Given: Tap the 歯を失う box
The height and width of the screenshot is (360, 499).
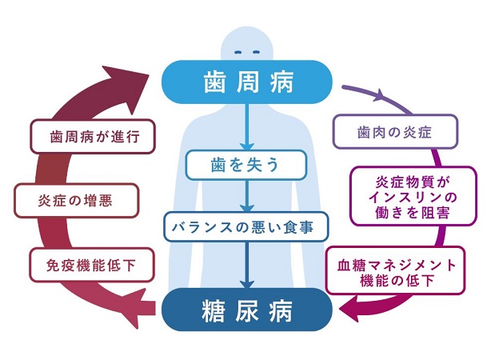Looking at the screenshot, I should tap(249, 166).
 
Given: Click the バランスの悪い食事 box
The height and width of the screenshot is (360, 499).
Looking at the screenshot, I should tap(249, 226).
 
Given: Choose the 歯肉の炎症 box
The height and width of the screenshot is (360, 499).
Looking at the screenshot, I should tap(395, 131).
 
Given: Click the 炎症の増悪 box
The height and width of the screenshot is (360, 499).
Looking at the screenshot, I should tap(77, 200).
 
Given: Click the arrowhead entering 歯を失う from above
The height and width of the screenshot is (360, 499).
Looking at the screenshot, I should tap(249, 146).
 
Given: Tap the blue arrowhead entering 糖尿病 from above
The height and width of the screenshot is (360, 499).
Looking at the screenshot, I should tap(249, 285).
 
